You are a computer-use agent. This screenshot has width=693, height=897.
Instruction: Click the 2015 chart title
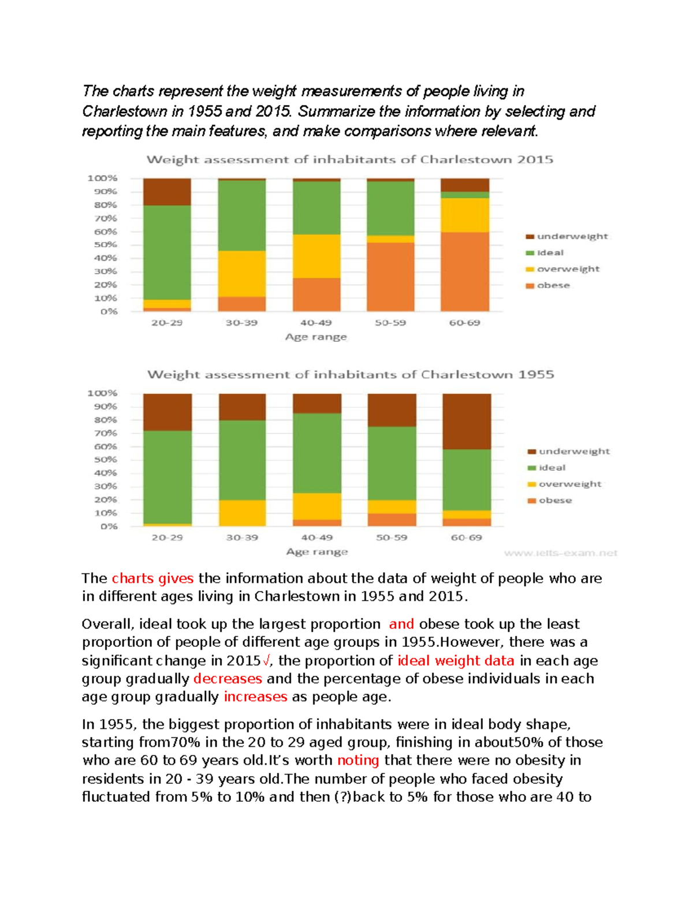[x=349, y=159]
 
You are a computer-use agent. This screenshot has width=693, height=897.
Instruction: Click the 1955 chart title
[x=351, y=374]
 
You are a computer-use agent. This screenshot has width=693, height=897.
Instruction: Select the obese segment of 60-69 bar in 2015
[x=465, y=271]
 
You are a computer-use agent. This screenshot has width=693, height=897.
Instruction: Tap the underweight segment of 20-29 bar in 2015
[x=167, y=192]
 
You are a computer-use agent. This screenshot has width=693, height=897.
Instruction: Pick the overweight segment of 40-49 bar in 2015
[x=316, y=256]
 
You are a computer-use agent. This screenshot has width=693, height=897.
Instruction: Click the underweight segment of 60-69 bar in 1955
[x=467, y=421]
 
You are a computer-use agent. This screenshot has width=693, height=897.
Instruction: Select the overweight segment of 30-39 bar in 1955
[x=242, y=513]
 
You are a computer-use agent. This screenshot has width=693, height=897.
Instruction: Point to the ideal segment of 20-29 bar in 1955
[x=167, y=477]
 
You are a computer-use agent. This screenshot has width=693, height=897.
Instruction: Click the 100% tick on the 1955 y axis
[x=102, y=393]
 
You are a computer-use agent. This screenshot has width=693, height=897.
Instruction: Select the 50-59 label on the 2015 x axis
[x=390, y=323]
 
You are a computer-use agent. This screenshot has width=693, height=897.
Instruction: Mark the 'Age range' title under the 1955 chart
[x=317, y=552]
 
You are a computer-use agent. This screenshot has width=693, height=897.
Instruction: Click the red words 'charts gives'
[x=152, y=578]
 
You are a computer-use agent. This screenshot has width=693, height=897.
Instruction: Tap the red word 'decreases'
[x=228, y=679]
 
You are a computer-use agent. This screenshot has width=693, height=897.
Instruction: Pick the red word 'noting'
[x=358, y=760]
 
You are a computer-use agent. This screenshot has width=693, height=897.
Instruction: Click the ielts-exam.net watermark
[x=560, y=553]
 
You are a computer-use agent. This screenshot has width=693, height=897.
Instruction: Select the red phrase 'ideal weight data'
[x=456, y=661]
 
